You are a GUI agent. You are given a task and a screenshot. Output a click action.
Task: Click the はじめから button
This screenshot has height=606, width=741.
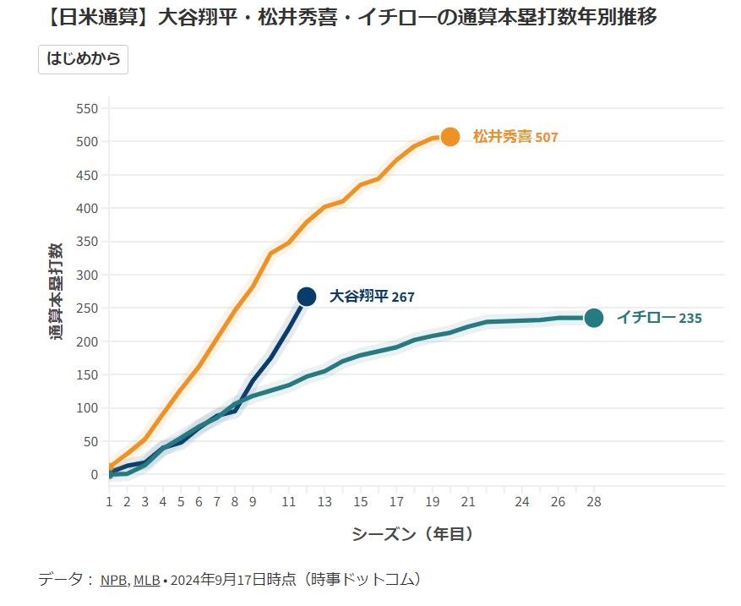point(83,59)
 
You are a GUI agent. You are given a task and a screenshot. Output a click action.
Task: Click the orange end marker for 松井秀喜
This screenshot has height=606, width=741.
point(450,137)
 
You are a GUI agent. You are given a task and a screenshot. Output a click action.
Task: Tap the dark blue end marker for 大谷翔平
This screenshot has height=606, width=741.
point(307,296)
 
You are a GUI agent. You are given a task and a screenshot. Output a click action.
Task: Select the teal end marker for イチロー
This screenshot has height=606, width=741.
point(594,318)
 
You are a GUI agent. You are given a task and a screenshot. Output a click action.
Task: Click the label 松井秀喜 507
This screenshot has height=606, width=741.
point(515,137)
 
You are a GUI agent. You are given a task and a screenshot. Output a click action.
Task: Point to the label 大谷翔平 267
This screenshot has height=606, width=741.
point(372,297)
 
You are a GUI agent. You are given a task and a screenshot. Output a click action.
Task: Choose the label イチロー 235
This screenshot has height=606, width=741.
point(659,319)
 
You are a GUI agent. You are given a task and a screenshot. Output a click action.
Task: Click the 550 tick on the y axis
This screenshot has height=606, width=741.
point(88,109)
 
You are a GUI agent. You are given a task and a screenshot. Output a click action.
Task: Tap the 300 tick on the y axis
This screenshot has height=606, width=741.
point(88,276)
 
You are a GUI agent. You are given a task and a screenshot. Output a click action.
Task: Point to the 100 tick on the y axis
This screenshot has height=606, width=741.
point(88,408)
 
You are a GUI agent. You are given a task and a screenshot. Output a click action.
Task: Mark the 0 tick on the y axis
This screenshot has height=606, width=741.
point(95,475)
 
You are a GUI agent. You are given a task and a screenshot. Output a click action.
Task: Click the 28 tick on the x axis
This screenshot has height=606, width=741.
point(594,502)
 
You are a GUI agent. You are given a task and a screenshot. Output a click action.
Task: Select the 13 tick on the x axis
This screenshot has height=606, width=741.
point(324,502)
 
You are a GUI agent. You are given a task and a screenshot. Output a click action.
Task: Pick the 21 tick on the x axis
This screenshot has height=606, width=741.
point(468,502)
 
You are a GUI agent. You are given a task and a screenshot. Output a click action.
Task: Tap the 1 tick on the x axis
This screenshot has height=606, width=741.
point(109,502)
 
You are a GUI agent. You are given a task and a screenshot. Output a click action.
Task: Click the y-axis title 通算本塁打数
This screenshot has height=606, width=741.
point(56,292)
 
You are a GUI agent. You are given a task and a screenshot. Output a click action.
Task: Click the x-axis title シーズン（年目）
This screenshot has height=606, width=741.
point(412,534)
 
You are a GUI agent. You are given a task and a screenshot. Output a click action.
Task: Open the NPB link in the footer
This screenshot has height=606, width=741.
point(113,581)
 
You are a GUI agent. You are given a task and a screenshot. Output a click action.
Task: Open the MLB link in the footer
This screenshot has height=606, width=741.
point(145,581)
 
